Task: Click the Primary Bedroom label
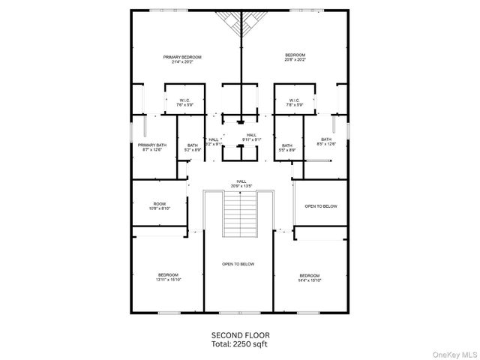pos(183,57)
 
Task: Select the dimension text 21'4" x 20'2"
pos(183,62)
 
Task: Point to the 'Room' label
pos(159,203)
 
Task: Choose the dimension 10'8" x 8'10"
pos(159,208)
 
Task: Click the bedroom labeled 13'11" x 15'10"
pos(168,274)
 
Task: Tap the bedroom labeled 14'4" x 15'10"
pos(309,275)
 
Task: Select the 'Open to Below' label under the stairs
pos(238,264)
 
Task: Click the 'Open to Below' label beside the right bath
pos(320,206)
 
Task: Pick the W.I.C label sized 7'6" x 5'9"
pos(184,100)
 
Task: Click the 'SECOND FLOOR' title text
pos(240,334)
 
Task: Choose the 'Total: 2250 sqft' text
pos(240,343)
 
